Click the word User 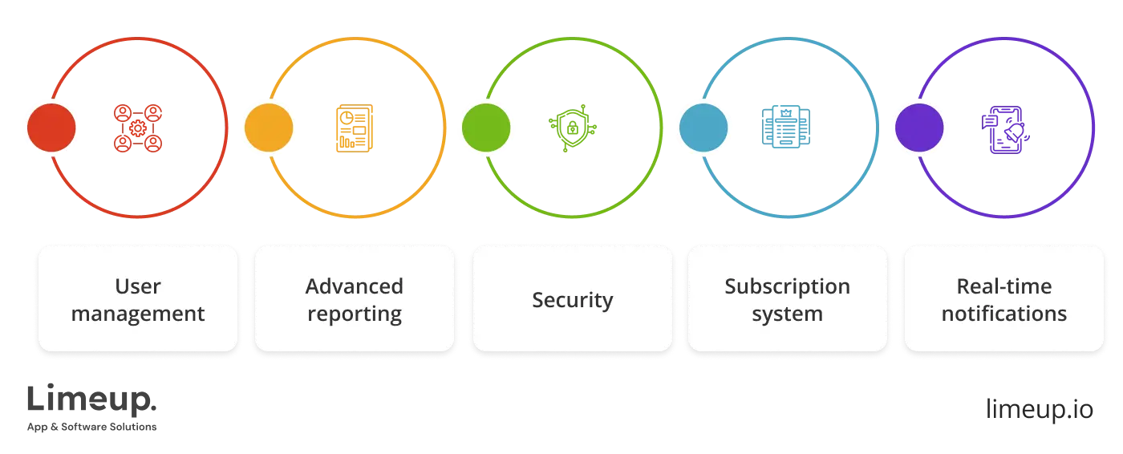[x=138, y=286]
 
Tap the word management [x=138, y=314]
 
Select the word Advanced [x=355, y=286]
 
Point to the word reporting [x=355, y=314]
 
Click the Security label [x=572, y=300]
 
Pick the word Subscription [x=787, y=286]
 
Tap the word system [x=787, y=314]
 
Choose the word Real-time [x=1004, y=286]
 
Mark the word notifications [x=1004, y=314]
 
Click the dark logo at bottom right [x=1038, y=411]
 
